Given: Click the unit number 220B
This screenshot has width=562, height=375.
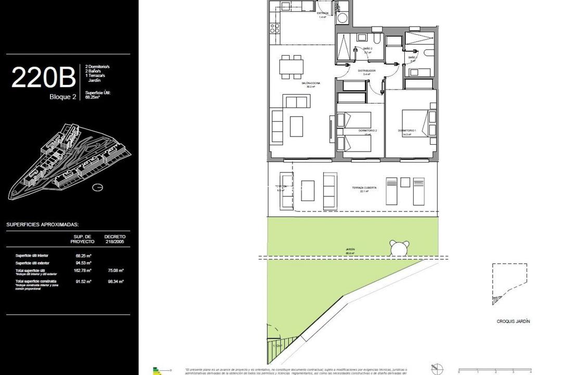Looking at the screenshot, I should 44,78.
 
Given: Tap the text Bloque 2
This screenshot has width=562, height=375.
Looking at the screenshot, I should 63,97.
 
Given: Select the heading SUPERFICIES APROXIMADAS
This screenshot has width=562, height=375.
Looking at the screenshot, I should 43,224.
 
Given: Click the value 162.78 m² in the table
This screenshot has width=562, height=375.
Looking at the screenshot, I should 83,270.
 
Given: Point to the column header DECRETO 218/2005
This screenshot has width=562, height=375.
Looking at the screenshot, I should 114,239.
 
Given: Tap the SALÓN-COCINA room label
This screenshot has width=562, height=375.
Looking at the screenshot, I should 311,83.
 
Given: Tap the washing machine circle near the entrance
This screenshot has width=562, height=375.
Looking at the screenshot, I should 343,19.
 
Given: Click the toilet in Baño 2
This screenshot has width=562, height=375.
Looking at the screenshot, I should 377,39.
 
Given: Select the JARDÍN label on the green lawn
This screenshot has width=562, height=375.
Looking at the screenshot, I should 350,249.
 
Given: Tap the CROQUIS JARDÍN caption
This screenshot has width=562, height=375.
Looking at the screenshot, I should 513,321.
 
